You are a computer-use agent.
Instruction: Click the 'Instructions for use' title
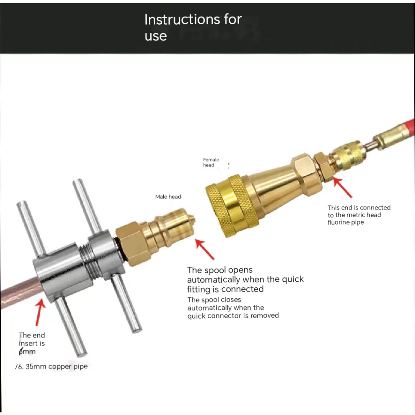[193, 27]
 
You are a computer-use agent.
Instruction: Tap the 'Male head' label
[168, 197]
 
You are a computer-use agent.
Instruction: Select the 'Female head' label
[211, 162]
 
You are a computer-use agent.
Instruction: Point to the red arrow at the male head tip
[205, 249]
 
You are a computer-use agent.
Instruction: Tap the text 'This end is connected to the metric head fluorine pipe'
[358, 215]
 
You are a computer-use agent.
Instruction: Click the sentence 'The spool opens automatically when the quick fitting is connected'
[245, 279]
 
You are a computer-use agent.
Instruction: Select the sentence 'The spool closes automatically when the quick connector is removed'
[233, 308]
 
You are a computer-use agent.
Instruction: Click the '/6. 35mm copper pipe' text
[51, 366]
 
